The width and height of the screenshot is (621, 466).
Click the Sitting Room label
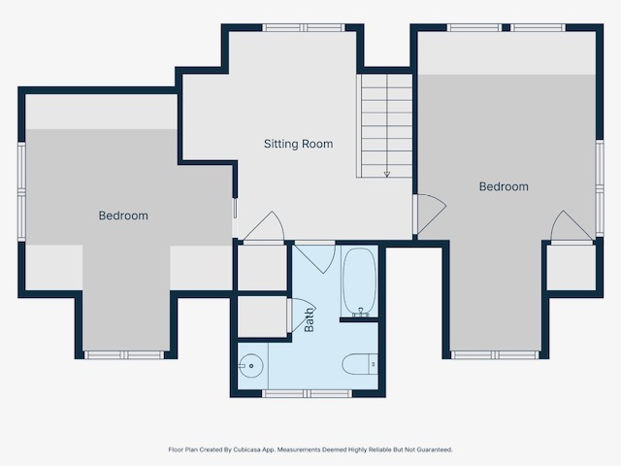click(x=298, y=144)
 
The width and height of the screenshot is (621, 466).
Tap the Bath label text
click(x=309, y=320)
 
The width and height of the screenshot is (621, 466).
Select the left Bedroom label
click(x=123, y=216)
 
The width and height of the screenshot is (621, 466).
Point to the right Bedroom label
click(x=504, y=186)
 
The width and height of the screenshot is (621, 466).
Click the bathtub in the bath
click(x=359, y=282)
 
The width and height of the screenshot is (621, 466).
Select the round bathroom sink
click(x=250, y=366)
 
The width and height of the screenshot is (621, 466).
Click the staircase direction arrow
click(x=387, y=174)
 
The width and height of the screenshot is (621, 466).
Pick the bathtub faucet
click(x=360, y=313)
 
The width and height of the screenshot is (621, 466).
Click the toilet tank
click(x=373, y=364)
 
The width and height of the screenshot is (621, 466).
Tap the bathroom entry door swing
click(x=315, y=257)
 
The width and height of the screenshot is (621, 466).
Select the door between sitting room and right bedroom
click(x=430, y=214)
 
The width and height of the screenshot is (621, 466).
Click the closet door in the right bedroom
click(x=572, y=226)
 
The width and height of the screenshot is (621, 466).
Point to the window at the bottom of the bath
click(x=307, y=393)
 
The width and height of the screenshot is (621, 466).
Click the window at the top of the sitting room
click(x=304, y=28)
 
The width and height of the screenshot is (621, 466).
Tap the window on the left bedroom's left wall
click(x=21, y=192)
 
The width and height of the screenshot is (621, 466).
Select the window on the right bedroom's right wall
click(x=600, y=188)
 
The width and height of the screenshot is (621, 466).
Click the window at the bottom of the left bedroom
click(x=124, y=355)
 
